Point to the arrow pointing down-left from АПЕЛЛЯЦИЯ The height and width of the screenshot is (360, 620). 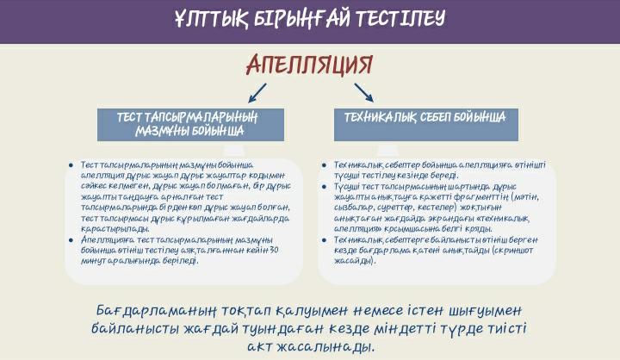pos(257,91)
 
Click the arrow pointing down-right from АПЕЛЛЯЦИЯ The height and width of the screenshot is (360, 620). pos(363,91)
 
